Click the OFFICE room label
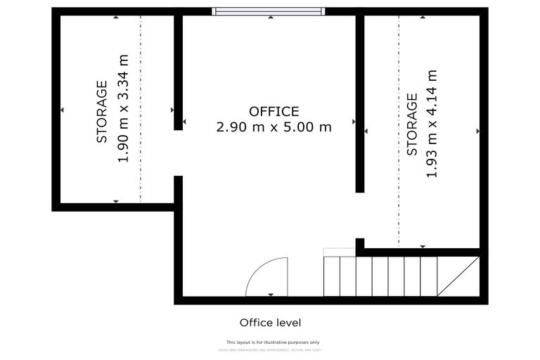tap(274, 111)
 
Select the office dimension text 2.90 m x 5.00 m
tap(274, 127)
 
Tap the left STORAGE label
tap(103, 112)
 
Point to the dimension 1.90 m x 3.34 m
tap(124, 109)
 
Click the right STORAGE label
tap(413, 124)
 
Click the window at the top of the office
tap(269, 11)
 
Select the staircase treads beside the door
tap(380, 276)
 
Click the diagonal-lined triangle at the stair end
tap(461, 277)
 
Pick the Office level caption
tap(270, 323)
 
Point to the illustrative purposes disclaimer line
tap(272, 342)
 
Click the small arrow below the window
tap(271, 17)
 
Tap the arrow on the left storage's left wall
tap(63, 110)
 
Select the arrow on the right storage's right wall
tap(477, 131)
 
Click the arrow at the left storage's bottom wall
tap(116, 201)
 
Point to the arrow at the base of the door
tap(271, 294)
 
